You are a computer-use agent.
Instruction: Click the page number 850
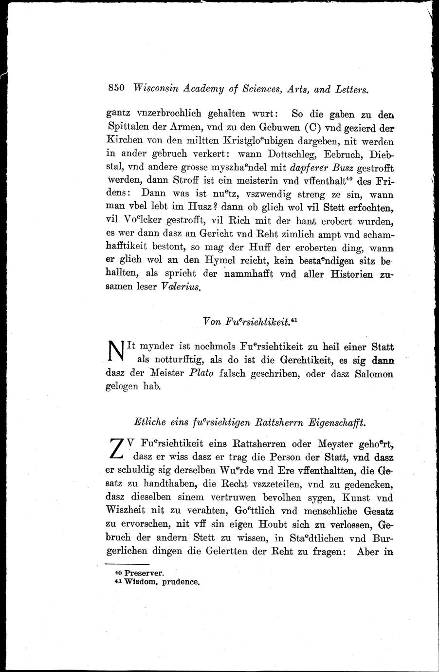[x=117, y=88]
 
